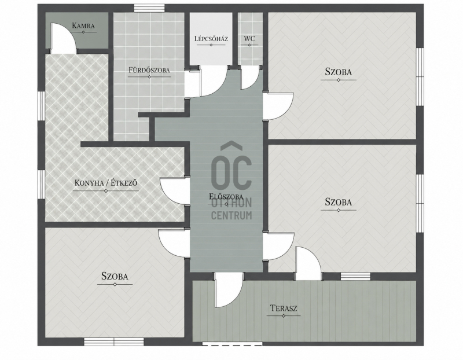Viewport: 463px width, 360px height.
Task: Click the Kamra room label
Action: (83, 25)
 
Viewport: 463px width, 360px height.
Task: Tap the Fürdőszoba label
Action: (149, 70)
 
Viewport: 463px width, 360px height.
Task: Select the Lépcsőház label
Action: (211, 39)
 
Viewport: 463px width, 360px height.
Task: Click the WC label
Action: (249, 39)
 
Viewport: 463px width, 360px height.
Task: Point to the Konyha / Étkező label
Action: (106, 183)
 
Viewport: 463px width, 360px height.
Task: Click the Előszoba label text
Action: (226, 196)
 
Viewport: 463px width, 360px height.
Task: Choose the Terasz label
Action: (284, 308)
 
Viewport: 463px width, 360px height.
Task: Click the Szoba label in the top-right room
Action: (339, 72)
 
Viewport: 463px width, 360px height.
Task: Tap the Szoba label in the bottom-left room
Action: (115, 276)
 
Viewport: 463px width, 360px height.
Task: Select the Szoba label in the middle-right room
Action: (339, 202)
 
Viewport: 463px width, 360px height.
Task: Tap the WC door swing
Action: (250, 78)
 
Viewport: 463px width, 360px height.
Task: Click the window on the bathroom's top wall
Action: (149, 8)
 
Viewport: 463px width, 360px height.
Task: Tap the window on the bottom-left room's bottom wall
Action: (114, 341)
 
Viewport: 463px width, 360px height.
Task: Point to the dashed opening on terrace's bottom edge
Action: (233, 343)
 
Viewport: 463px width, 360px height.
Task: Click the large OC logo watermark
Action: (232, 166)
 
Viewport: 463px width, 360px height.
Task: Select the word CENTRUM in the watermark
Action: (231, 215)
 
